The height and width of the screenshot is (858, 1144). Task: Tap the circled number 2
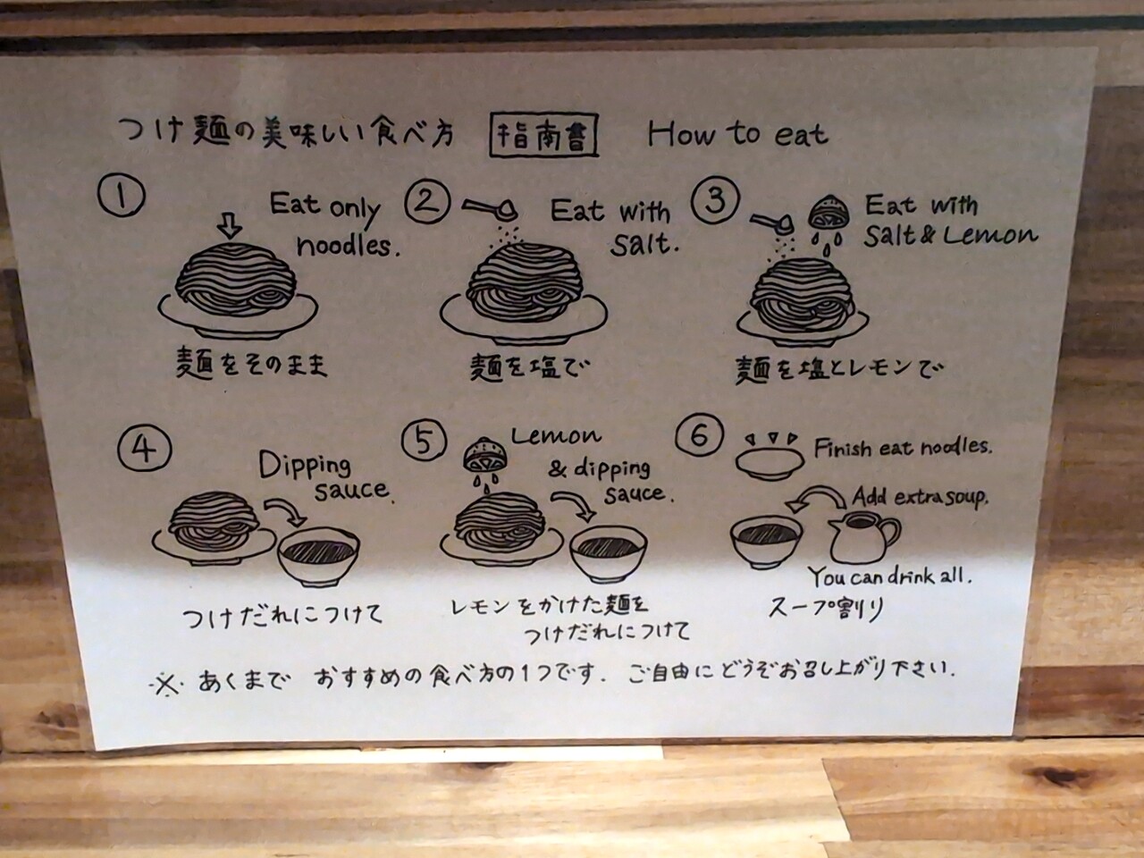(x=427, y=202)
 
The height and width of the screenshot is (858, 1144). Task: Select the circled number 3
(x=715, y=200)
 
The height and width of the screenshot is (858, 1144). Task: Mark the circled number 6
(x=699, y=436)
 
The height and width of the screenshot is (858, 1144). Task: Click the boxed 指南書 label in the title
(x=543, y=136)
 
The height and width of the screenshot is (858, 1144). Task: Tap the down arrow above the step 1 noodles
(x=230, y=227)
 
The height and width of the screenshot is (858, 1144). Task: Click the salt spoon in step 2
(x=489, y=209)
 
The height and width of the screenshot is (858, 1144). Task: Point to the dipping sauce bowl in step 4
(x=318, y=560)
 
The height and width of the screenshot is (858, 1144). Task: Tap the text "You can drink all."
(x=890, y=576)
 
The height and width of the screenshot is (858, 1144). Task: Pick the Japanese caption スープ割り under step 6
(x=826, y=609)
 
